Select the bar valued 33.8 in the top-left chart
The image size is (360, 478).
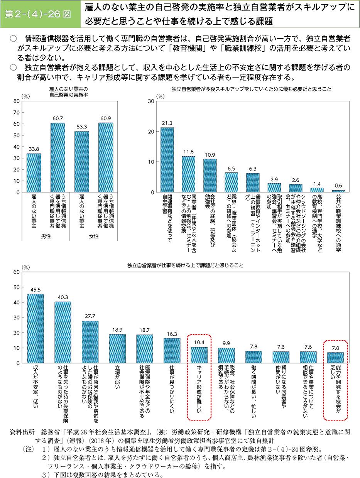click(x=34, y=173)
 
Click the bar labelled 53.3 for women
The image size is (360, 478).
click(x=81, y=162)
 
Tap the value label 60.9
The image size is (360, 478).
click(x=105, y=118)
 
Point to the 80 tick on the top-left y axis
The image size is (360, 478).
click(x=16, y=101)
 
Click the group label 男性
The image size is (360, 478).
click(x=46, y=236)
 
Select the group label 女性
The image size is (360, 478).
click(x=93, y=236)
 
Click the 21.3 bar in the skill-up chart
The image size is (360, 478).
click(x=167, y=160)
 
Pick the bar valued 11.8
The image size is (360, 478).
click(x=188, y=174)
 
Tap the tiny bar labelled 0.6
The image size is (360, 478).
click(x=338, y=191)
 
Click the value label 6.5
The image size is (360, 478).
click(x=231, y=168)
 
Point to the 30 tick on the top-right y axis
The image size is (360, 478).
click(x=151, y=101)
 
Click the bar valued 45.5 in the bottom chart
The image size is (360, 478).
click(x=35, y=328)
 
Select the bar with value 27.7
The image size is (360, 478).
click(x=90, y=342)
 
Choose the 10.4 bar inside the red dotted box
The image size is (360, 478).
click(x=199, y=355)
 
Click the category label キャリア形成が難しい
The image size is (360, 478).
click(x=199, y=391)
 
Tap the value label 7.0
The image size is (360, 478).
click(x=335, y=348)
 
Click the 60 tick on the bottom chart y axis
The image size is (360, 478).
click(x=16, y=272)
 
